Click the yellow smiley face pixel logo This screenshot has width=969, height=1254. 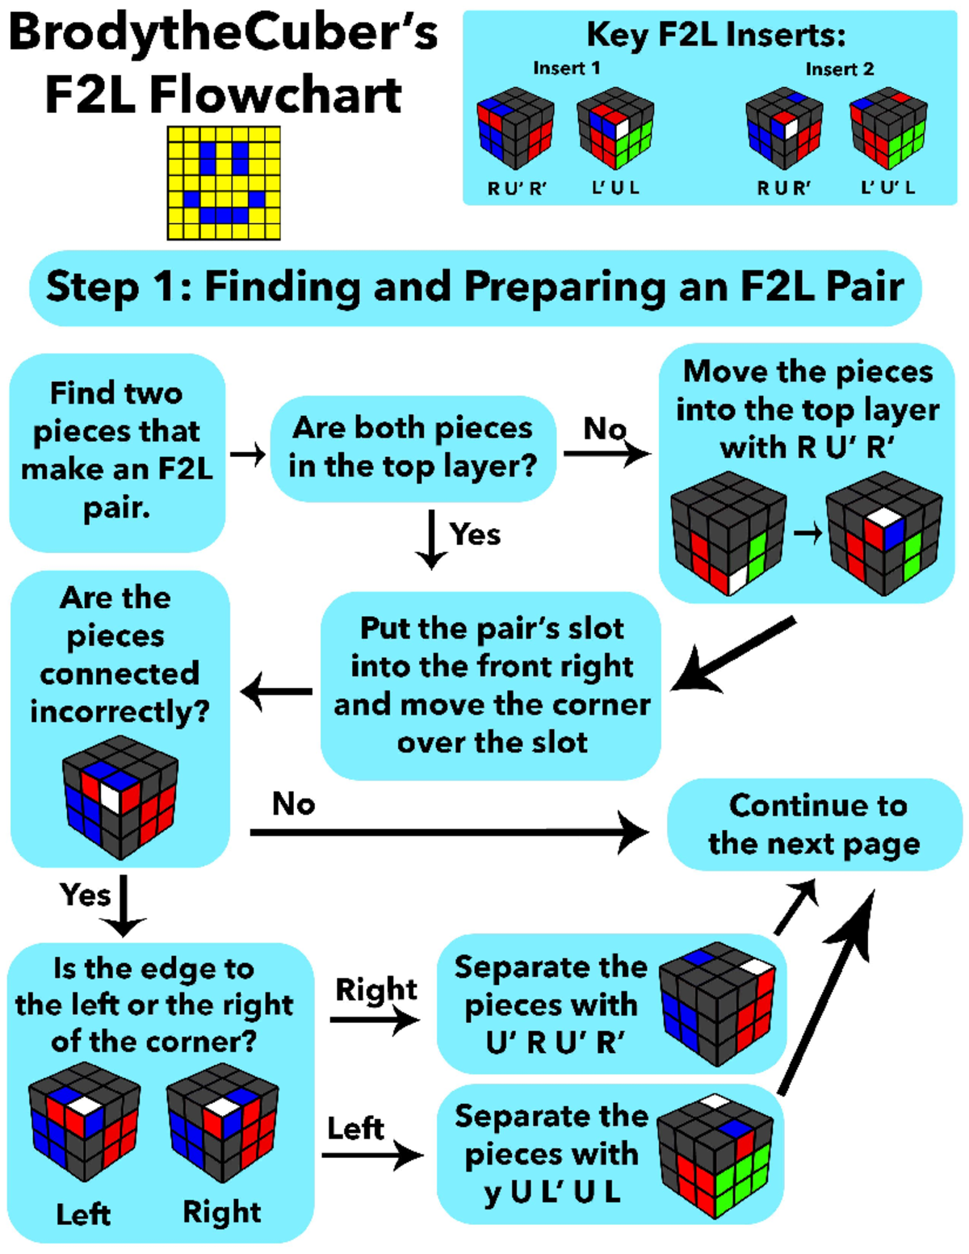(224, 182)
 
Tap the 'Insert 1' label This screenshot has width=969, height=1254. (566, 69)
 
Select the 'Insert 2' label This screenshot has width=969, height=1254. (839, 69)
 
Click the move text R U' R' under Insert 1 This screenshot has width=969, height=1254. (517, 188)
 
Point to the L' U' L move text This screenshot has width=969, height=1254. (887, 188)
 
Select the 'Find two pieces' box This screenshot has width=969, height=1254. (117, 451)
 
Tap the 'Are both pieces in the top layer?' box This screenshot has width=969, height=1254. (412, 447)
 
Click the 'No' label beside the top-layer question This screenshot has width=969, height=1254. (605, 428)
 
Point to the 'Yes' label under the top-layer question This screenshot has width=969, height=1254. (475, 534)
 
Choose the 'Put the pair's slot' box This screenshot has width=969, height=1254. (491, 685)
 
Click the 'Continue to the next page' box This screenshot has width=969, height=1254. (816, 824)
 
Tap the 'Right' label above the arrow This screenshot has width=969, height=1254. (375, 989)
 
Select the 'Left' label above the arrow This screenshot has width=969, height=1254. (355, 1128)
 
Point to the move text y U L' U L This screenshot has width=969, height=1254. (552, 1192)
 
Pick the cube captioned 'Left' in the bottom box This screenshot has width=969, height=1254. (84, 1122)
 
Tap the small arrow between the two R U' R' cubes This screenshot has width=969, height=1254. (806, 533)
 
